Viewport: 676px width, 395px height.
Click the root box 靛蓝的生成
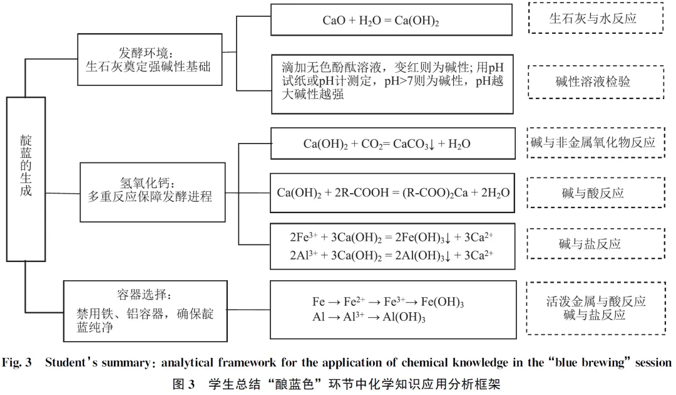(x=26, y=179)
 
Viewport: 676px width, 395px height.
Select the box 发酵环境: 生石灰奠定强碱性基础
(x=150, y=60)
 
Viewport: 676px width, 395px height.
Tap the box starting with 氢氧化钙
(x=153, y=192)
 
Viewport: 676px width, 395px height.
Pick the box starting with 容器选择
(x=145, y=311)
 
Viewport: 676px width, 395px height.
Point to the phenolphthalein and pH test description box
(x=392, y=84)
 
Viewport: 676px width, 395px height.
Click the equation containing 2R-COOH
(x=392, y=193)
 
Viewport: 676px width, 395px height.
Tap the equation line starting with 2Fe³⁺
(x=391, y=238)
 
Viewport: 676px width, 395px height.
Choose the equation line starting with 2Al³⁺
(x=391, y=256)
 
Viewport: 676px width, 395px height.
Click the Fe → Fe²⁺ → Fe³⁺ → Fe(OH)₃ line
(x=388, y=302)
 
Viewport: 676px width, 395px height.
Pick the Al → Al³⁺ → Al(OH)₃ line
(x=369, y=317)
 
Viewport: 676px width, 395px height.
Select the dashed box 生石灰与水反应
(x=596, y=18)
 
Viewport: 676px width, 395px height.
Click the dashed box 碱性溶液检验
(x=596, y=82)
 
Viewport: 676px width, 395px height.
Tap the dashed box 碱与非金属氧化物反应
(x=596, y=142)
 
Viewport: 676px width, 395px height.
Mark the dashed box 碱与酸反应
(x=596, y=192)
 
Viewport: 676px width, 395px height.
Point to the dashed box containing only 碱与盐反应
(x=596, y=244)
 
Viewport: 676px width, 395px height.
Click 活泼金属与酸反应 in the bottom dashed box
(x=596, y=302)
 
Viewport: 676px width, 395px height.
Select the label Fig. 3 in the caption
(x=17, y=362)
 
